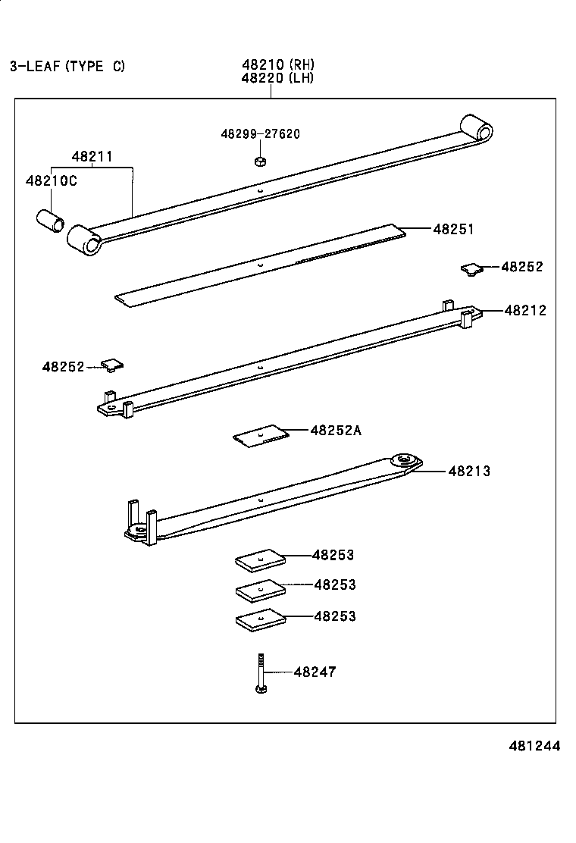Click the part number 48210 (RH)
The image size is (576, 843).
(277, 65)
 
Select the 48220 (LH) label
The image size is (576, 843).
(277, 78)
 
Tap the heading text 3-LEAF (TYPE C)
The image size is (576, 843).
(67, 66)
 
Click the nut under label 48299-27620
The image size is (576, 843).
(259, 161)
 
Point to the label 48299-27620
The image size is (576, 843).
(260, 134)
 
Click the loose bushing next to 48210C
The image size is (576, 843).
(51, 222)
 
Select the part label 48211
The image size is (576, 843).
(92, 157)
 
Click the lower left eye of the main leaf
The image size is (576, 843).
(83, 240)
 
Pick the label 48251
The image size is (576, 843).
(453, 229)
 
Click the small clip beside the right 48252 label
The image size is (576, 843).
(471, 268)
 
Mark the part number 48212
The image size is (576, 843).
(525, 310)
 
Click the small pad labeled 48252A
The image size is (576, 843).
(261, 436)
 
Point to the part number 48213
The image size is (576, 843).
(469, 471)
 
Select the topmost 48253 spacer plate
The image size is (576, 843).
(260, 561)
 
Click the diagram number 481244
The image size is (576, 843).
(534, 746)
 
